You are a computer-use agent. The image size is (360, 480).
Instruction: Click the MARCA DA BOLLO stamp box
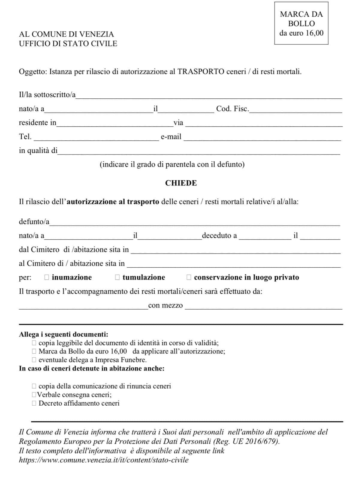(x=301, y=23)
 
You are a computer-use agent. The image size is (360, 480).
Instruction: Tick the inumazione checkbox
(x=46, y=277)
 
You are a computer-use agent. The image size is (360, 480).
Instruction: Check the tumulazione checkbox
(x=118, y=277)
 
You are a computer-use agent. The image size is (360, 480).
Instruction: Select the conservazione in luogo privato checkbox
(x=189, y=277)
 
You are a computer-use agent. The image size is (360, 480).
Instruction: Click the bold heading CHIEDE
(x=181, y=183)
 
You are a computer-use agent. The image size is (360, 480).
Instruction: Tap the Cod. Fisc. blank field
(x=295, y=110)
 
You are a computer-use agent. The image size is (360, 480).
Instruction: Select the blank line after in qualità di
(x=199, y=152)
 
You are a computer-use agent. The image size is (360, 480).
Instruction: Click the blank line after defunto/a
(x=195, y=223)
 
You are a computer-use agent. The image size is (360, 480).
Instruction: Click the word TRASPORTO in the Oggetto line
(x=201, y=72)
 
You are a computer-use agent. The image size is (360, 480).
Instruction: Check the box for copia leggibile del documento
(x=34, y=343)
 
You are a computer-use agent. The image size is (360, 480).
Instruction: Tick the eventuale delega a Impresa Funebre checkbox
(x=34, y=360)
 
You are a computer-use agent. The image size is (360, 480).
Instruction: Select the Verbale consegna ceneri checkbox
(x=34, y=394)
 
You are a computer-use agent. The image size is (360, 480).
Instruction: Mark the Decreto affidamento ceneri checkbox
(x=34, y=403)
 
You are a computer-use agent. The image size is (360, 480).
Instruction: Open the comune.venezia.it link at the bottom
(x=104, y=460)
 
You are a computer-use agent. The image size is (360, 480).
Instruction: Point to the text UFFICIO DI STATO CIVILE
(x=68, y=43)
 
